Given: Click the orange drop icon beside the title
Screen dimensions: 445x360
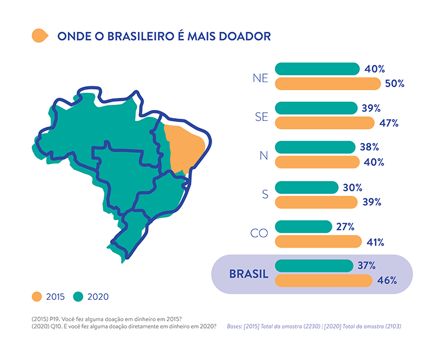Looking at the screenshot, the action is click(x=40, y=36).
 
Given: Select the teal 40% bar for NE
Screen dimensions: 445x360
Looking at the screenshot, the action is click(x=318, y=69).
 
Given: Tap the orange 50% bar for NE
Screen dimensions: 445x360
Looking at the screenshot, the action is click(x=328, y=84).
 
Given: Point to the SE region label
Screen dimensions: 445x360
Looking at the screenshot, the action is click(x=261, y=117).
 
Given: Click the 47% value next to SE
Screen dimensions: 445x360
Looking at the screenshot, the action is click(x=389, y=123).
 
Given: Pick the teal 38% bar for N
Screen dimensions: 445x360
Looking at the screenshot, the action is click(x=315, y=148).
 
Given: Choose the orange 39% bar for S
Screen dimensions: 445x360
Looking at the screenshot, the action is click(x=316, y=203).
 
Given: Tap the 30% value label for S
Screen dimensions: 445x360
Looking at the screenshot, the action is click(x=352, y=188).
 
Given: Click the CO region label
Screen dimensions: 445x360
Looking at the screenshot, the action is click(x=259, y=233).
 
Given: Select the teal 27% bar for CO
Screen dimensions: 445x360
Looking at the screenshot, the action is click(x=304, y=227).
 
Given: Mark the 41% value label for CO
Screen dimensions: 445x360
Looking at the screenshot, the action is click(x=375, y=243).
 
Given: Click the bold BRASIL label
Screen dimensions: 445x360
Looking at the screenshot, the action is click(x=249, y=274).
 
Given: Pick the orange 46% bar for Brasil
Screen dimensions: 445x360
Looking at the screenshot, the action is click(x=323, y=281).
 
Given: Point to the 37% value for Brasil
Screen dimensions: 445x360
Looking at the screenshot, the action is click(x=366, y=266).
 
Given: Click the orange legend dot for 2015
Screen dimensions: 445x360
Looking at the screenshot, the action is click(x=37, y=297).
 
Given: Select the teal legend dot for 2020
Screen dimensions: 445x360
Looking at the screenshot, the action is click(x=78, y=297).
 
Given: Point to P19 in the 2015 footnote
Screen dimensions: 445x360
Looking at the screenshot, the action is click(x=54, y=319).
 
